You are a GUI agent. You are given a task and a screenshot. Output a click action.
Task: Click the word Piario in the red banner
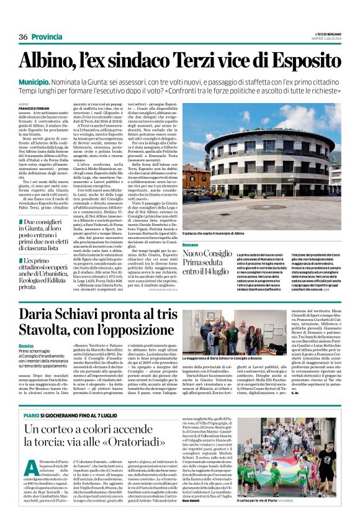tap(32, 415)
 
